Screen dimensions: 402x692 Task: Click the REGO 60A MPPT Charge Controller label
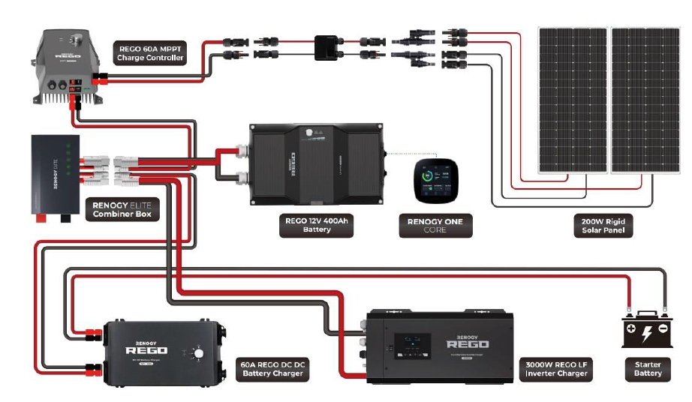pos(151,53)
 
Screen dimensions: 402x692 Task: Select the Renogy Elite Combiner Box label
pos(122,208)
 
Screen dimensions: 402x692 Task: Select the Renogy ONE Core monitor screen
pos(435,182)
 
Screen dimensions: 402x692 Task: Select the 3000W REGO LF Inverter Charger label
pos(556,368)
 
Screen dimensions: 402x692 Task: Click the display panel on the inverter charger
pos(412,346)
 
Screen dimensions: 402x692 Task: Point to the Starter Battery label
pos(648,368)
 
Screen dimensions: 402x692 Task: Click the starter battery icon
pos(647,330)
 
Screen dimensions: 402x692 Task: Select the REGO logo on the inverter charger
pos(468,343)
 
